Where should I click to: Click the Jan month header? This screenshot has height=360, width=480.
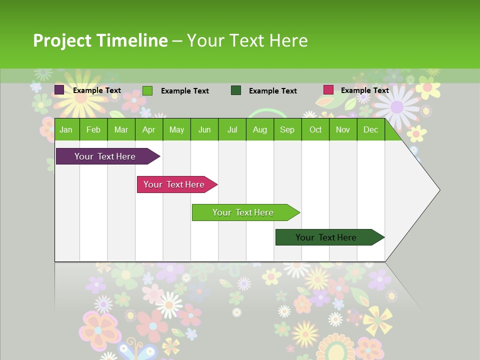point(66,130)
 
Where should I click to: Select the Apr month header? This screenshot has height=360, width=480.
point(148,130)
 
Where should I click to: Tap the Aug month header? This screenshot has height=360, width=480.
point(259,130)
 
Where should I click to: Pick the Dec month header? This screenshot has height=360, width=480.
point(370,130)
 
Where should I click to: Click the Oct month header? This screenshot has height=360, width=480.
point(315,130)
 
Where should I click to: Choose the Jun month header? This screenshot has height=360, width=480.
point(204,130)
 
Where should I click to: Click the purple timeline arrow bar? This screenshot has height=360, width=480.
point(105,156)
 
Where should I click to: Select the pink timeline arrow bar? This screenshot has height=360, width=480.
point(174,184)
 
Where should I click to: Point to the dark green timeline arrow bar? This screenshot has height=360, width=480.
point(326,237)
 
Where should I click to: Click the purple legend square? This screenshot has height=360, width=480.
point(59,90)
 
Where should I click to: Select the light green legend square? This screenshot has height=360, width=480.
point(147,90)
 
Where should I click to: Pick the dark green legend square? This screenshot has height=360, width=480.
point(236,90)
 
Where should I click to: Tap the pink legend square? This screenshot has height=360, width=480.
point(328,90)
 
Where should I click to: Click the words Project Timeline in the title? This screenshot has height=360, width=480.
point(100,40)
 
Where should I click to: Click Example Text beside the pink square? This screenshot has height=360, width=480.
point(364,90)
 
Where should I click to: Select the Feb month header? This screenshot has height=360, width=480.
point(93,130)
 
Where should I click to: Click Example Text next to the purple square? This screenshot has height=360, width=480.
point(97,90)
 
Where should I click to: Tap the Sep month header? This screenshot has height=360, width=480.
point(287,130)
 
